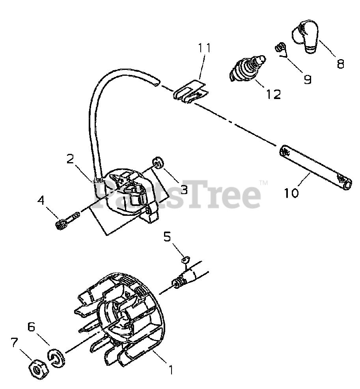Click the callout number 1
point(171,370)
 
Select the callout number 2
point(70,159)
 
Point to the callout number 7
point(15,343)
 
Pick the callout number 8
point(340,63)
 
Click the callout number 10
point(291,193)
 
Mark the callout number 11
point(205,48)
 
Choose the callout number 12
point(273,94)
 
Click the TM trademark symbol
point(263,183)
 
